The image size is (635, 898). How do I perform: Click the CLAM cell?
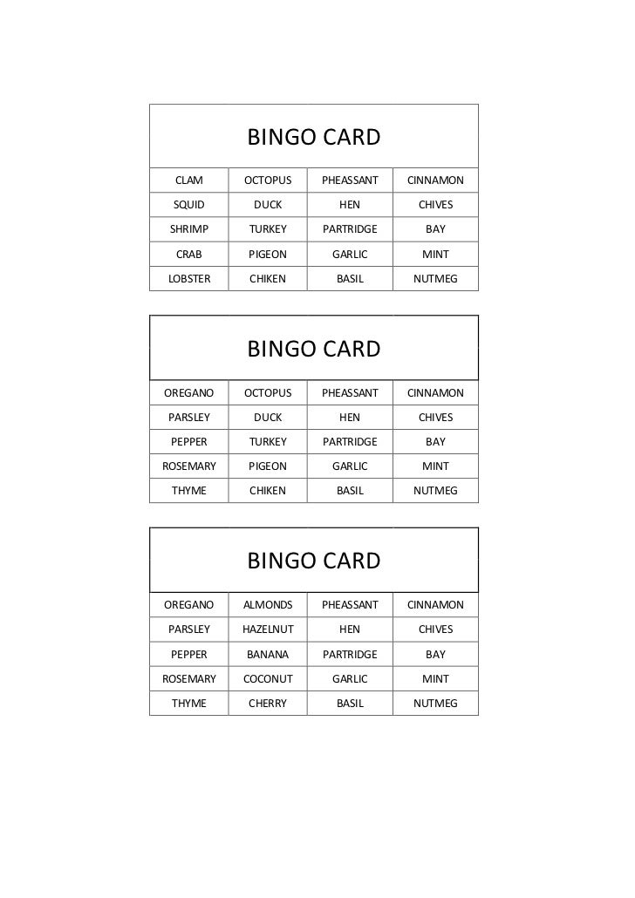click(x=189, y=180)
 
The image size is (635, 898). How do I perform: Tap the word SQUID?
click(x=189, y=205)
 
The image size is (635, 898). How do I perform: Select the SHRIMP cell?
click(x=189, y=229)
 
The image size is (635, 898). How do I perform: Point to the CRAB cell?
click(x=189, y=255)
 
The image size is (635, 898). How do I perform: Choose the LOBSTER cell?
click(x=189, y=279)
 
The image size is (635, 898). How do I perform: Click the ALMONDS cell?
click(x=268, y=604)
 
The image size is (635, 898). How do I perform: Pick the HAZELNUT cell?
click(x=268, y=629)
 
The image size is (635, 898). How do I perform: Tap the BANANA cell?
click(x=268, y=654)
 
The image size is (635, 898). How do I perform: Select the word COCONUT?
click(x=268, y=678)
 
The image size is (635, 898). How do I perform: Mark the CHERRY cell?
click(x=268, y=703)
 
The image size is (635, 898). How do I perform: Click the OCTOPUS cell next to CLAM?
click(x=268, y=180)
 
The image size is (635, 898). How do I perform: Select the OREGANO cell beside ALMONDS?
click(x=189, y=604)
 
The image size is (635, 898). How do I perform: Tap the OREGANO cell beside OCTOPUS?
click(x=189, y=392)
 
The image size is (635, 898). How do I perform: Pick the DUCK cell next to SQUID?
click(x=268, y=205)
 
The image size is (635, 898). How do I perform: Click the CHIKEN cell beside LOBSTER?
click(x=268, y=279)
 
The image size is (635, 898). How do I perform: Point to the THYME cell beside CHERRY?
click(x=189, y=703)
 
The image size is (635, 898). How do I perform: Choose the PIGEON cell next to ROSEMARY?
click(x=268, y=466)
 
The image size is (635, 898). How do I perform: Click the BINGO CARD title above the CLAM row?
click(x=314, y=138)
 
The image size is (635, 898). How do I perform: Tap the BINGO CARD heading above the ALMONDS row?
click(x=314, y=561)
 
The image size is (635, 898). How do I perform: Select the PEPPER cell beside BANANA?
click(x=189, y=654)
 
